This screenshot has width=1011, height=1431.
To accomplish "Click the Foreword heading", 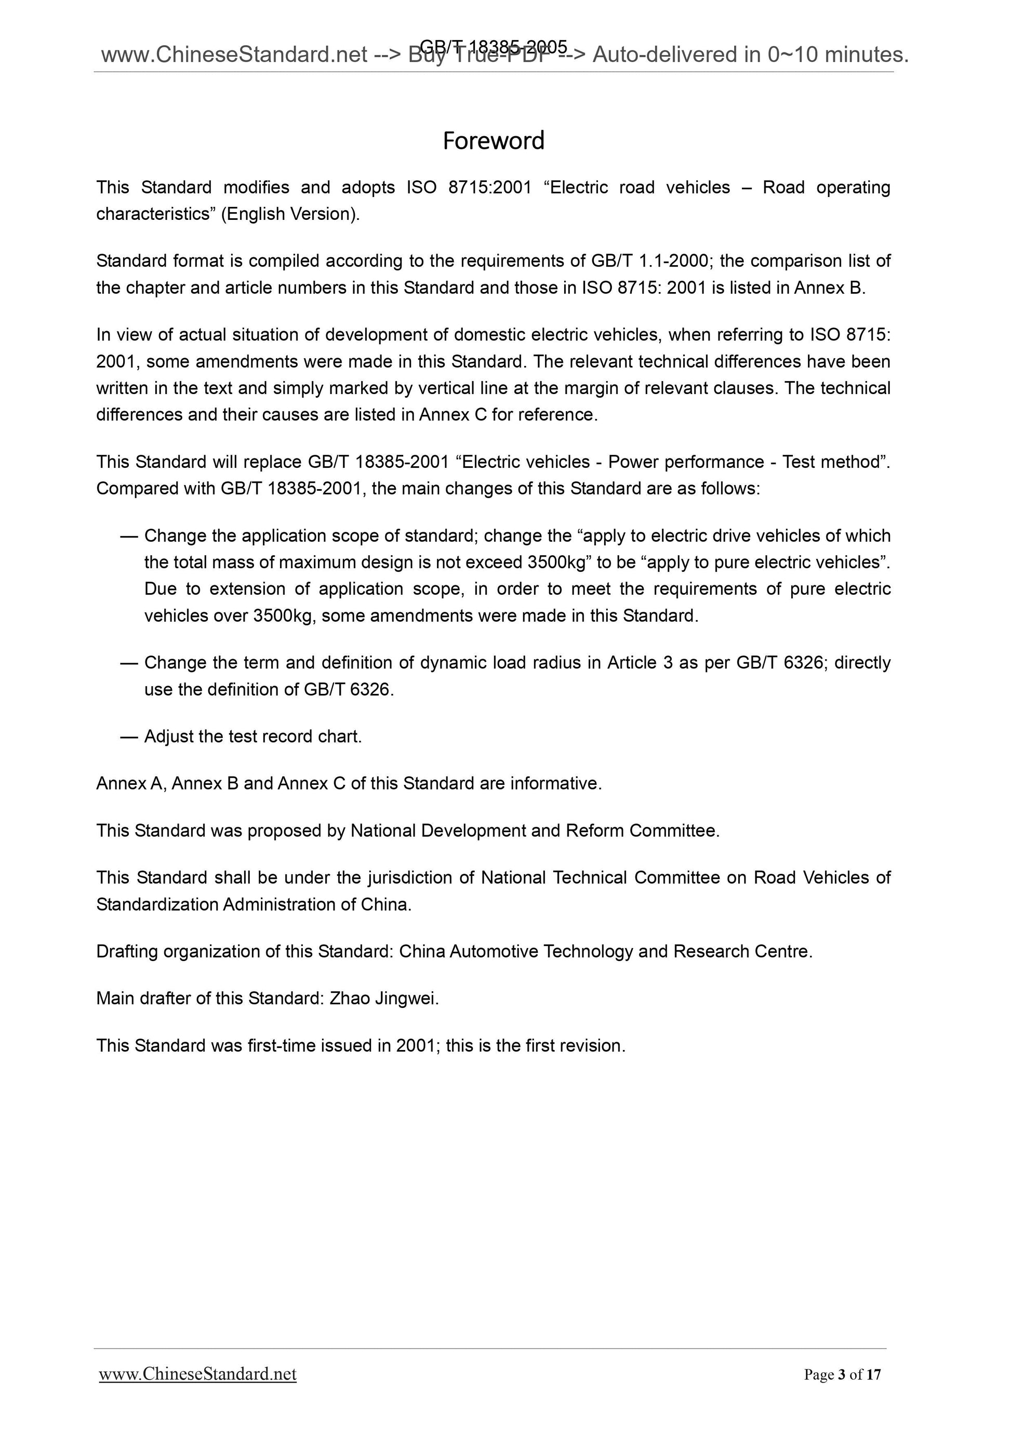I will pos(494,141).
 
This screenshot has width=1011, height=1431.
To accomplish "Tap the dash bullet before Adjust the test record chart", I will pos(128,737).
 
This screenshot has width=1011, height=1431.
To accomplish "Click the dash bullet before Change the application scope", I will pos(128,536).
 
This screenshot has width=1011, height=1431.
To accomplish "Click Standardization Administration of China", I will pos(254,904).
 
